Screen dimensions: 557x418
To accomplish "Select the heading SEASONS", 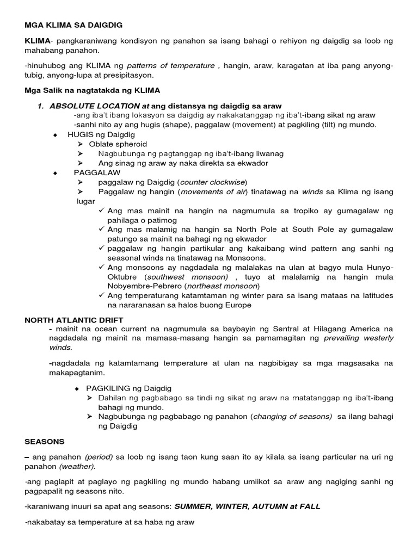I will point(45,442).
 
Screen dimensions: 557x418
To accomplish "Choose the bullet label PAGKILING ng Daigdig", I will point(128,388).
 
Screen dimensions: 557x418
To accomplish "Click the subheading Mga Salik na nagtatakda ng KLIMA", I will point(92,90).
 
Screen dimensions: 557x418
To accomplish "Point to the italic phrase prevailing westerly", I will point(359,338).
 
